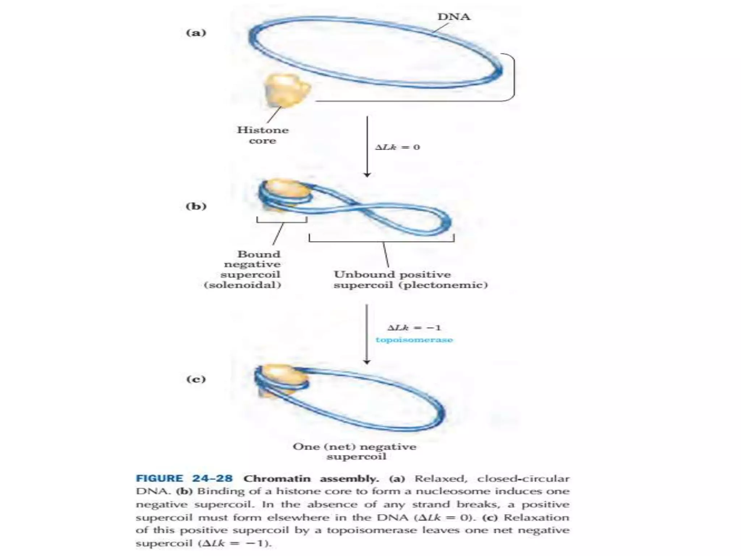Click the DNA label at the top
click(x=454, y=17)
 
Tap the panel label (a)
click(x=196, y=33)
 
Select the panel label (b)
click(x=196, y=206)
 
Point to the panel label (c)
click(x=196, y=379)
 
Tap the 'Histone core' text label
click(x=263, y=135)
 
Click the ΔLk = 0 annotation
click(x=398, y=147)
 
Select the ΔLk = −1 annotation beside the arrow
click(x=414, y=328)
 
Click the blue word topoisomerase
click(x=414, y=340)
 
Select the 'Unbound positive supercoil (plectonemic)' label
click(x=410, y=279)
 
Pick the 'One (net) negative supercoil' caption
click(x=355, y=451)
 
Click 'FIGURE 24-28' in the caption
click(x=184, y=479)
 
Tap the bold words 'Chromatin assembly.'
click(x=311, y=479)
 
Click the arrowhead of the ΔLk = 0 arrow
click(x=367, y=175)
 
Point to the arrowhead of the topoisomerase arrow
click(x=367, y=362)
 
